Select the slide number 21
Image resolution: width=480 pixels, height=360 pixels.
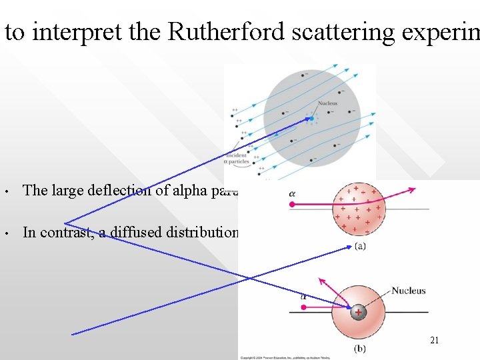click(434, 341)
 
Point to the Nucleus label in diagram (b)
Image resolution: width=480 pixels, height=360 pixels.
click(408, 291)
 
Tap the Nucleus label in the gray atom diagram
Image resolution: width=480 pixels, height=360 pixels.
click(327, 103)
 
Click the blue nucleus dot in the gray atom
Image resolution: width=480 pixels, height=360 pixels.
click(311, 119)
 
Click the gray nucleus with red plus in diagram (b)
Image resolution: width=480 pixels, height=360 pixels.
click(358, 311)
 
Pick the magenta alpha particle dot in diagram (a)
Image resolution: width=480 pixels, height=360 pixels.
click(291, 205)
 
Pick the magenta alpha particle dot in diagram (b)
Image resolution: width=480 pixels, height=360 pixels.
click(303, 307)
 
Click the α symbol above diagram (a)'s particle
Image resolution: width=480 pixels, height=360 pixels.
click(292, 194)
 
